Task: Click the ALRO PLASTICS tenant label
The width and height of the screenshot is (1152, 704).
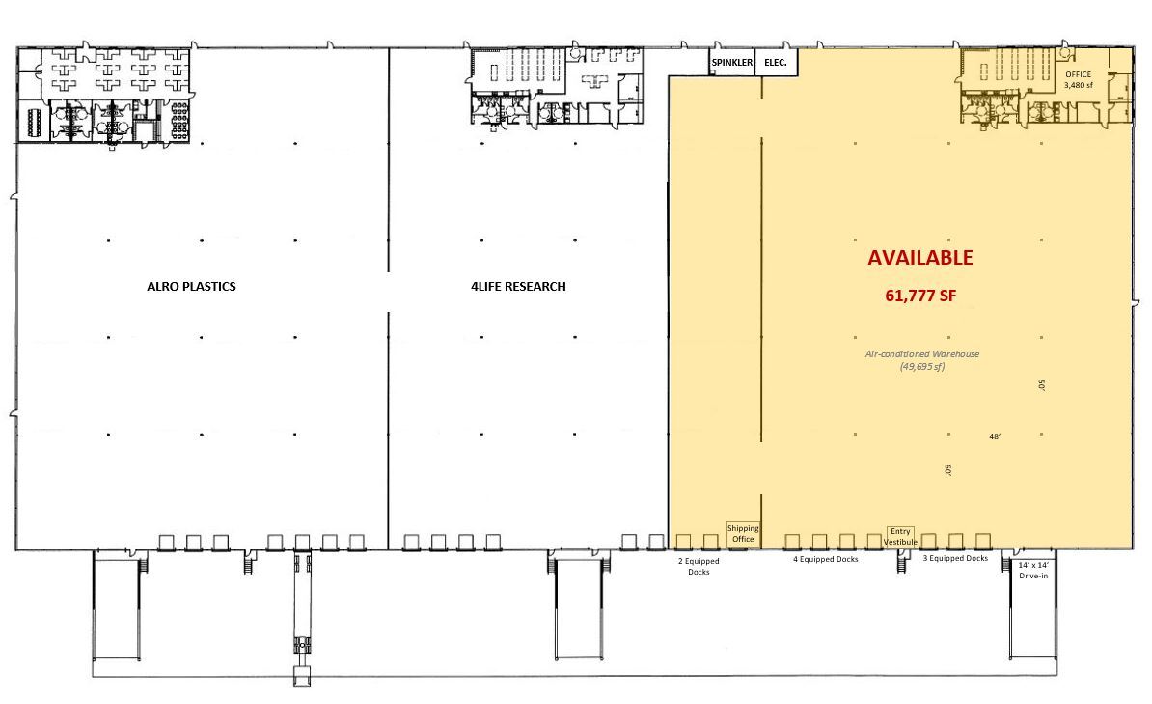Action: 191,287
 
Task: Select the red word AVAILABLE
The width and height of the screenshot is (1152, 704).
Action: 919,258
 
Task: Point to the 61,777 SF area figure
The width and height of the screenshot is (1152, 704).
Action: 919,296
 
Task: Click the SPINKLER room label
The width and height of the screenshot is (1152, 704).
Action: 731,63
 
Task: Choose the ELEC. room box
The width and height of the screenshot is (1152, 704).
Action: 776,63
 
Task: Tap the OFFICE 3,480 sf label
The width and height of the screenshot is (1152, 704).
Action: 1078,79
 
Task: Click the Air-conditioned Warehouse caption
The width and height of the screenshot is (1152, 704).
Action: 921,354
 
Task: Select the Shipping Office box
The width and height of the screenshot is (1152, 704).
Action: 742,533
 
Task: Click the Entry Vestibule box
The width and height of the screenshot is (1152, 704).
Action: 900,537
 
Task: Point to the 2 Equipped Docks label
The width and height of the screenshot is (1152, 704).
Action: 699,566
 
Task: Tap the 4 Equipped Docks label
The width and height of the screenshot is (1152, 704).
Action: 825,559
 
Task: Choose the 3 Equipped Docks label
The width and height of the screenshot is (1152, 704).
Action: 955,559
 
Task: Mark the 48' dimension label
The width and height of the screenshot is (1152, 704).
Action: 995,437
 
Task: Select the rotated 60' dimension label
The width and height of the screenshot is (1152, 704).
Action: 948,471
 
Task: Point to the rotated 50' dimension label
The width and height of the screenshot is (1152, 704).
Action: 1042,384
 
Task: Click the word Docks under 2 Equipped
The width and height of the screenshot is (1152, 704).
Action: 699,573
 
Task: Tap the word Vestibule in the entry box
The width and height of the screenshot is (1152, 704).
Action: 900,543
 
